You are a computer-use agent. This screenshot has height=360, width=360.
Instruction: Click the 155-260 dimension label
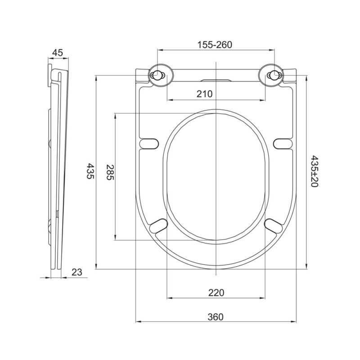pyautogui.click(x=215, y=45)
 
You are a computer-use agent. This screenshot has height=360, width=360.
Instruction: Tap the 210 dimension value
pyautogui.click(x=205, y=94)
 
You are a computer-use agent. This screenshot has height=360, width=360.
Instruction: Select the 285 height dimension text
pyautogui.click(x=110, y=172)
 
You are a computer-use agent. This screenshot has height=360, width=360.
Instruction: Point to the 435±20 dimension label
pyautogui.click(x=314, y=171)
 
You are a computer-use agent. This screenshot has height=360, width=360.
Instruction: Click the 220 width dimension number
pyautogui.click(x=216, y=293)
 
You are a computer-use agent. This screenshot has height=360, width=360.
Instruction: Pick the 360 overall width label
pyautogui.click(x=216, y=317)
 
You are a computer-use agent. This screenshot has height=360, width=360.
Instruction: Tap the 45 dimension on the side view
pyautogui.click(x=58, y=53)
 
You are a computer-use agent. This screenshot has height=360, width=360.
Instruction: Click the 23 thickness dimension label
pyautogui.click(x=76, y=272)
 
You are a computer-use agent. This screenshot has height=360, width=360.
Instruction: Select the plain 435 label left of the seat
pyautogui.click(x=90, y=171)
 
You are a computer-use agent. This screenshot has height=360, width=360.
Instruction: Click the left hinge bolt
pyautogui.click(x=157, y=75)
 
